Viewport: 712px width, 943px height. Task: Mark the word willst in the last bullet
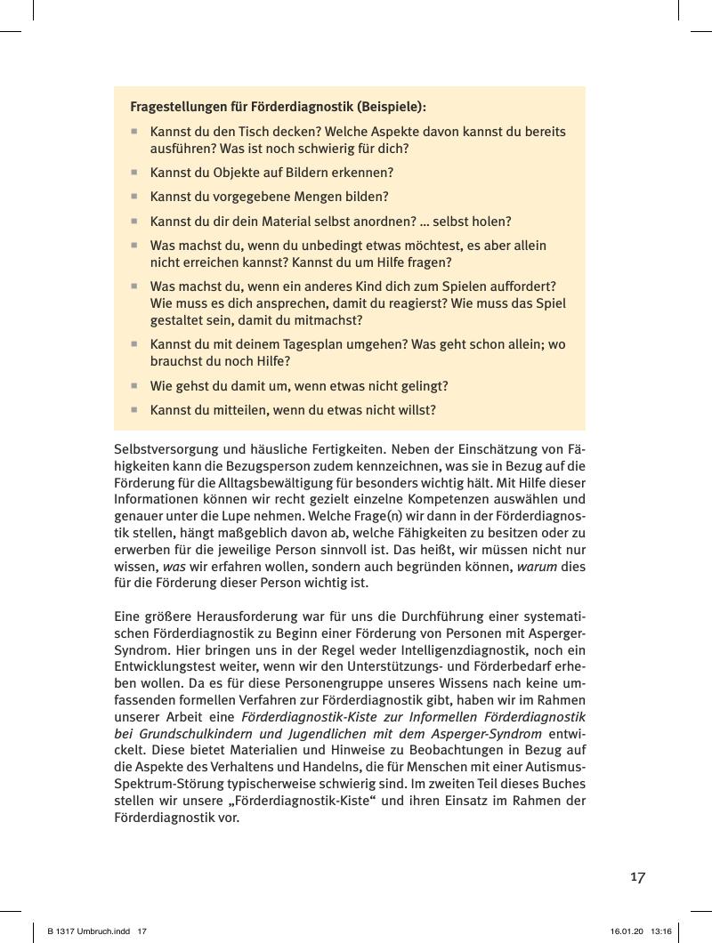tap(415, 410)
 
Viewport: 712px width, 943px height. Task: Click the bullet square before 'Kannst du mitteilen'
tap(134, 410)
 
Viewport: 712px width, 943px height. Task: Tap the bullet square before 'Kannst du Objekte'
tap(134, 173)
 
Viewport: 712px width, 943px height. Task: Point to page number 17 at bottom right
tap(637, 877)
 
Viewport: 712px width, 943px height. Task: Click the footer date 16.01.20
tap(627, 931)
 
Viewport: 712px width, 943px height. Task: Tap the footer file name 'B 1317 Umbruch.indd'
tap(85, 931)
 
